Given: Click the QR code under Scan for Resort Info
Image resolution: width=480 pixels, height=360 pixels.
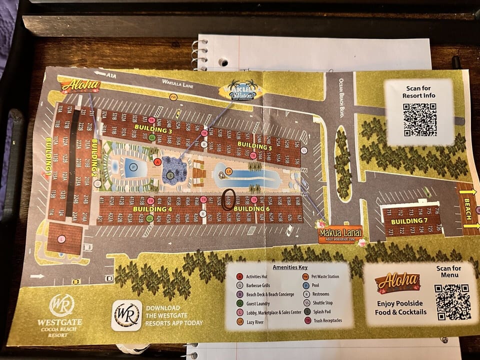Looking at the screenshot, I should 419,119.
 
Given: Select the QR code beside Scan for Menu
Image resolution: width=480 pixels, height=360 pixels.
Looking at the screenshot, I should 452,301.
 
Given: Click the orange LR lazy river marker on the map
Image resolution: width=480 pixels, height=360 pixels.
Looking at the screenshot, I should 228,171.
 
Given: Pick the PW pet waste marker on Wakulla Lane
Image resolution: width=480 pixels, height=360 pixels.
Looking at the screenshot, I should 173,96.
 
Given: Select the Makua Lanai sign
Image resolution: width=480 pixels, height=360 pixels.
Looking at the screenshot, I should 340,233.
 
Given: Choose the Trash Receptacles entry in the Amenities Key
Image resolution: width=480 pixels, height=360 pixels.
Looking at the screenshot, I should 326,320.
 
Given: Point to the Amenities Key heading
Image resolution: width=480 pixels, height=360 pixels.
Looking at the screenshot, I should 289,267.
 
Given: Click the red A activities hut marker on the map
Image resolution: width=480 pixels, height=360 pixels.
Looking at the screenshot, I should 157,162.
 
